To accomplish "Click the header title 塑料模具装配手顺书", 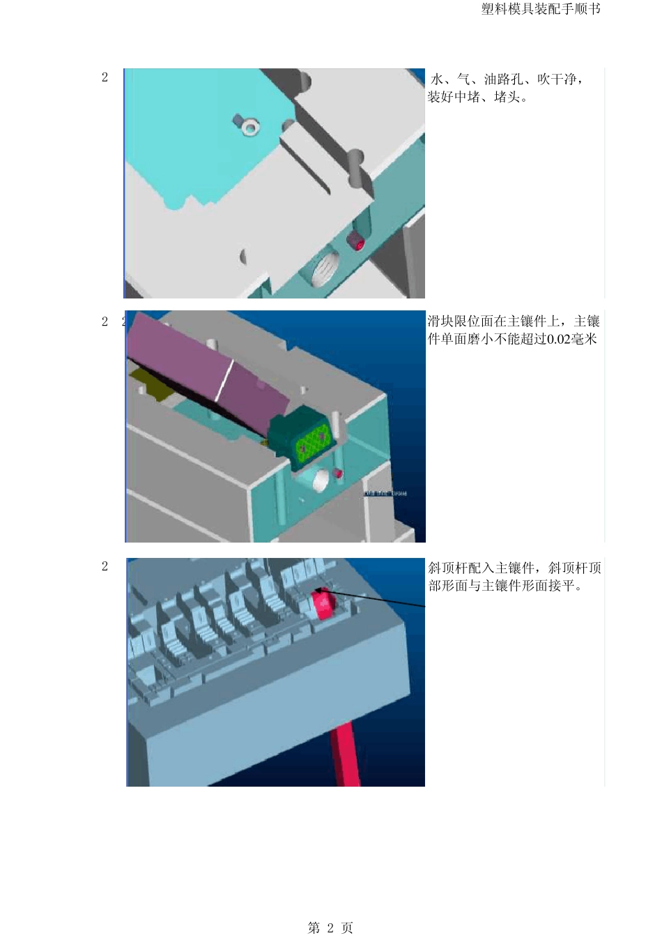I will (540, 9).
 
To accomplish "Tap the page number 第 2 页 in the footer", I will (330, 928).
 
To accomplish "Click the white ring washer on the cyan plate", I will (249, 128).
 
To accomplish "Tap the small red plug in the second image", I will (338, 474).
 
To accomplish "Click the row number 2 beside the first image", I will (105, 77).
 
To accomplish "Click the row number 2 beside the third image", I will (105, 566).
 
